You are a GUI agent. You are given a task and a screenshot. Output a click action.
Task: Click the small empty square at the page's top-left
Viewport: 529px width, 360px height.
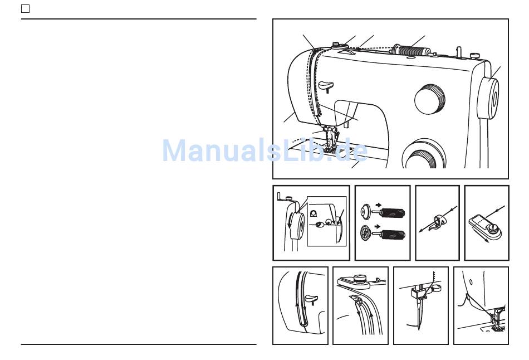click(x=25, y=8)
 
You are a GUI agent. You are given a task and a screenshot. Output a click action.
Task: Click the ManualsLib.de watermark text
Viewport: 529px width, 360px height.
click(x=265, y=150)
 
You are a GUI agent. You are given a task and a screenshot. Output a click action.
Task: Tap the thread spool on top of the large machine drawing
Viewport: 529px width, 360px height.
click(x=411, y=51)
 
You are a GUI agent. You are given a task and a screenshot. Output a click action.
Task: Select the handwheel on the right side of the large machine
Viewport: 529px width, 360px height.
click(x=488, y=98)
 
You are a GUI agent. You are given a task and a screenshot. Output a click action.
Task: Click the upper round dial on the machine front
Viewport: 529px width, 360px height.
click(x=429, y=99)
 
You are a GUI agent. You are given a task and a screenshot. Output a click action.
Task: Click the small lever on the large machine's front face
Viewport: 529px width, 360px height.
click(x=326, y=86)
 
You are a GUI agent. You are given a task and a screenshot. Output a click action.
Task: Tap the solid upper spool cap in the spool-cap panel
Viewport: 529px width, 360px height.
click(x=365, y=211)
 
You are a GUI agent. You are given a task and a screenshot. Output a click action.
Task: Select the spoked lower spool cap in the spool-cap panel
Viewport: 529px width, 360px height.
click(x=366, y=232)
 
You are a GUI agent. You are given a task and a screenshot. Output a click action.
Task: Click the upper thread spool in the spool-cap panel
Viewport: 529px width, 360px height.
click(x=393, y=213)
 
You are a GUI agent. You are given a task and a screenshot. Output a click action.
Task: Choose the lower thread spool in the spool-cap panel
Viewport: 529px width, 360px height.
click(x=393, y=235)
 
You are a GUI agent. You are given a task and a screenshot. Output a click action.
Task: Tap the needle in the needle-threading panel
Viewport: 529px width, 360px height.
click(x=419, y=314)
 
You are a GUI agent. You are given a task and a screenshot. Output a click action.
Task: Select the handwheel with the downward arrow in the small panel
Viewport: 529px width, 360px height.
click(x=297, y=225)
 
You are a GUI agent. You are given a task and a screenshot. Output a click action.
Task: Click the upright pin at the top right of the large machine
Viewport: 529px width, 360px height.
click(x=459, y=52)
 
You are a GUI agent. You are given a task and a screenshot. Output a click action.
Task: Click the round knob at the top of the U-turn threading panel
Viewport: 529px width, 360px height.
click(x=360, y=279)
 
